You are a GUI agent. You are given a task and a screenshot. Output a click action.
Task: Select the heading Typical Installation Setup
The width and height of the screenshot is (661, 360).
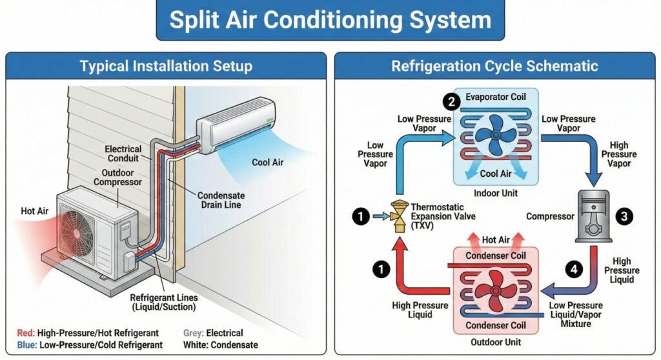pos(166,66)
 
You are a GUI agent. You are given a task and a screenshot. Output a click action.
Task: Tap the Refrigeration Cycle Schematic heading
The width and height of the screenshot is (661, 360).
pos(494,66)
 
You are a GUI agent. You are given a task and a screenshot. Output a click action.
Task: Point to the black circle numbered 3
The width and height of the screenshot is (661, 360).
pos(623,217)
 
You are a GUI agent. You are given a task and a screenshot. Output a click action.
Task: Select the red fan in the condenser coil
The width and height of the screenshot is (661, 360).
pos(494,290)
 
